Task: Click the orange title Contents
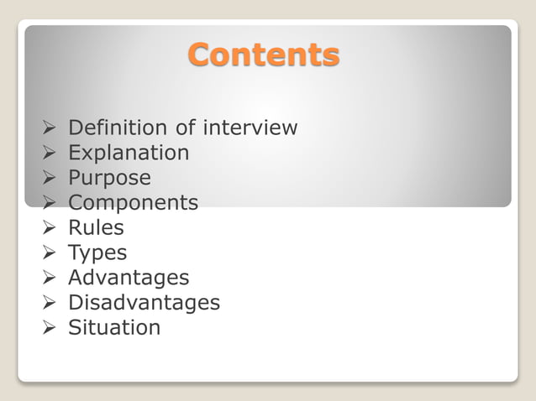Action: point(264,55)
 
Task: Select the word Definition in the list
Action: point(118,128)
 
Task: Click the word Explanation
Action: point(129,153)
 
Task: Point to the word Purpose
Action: point(109,178)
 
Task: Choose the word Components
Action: point(133,203)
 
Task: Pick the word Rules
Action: point(96,227)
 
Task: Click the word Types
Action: point(97,253)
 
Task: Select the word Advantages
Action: point(129,278)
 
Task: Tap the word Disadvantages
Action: point(144,302)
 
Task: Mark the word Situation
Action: point(113,327)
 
